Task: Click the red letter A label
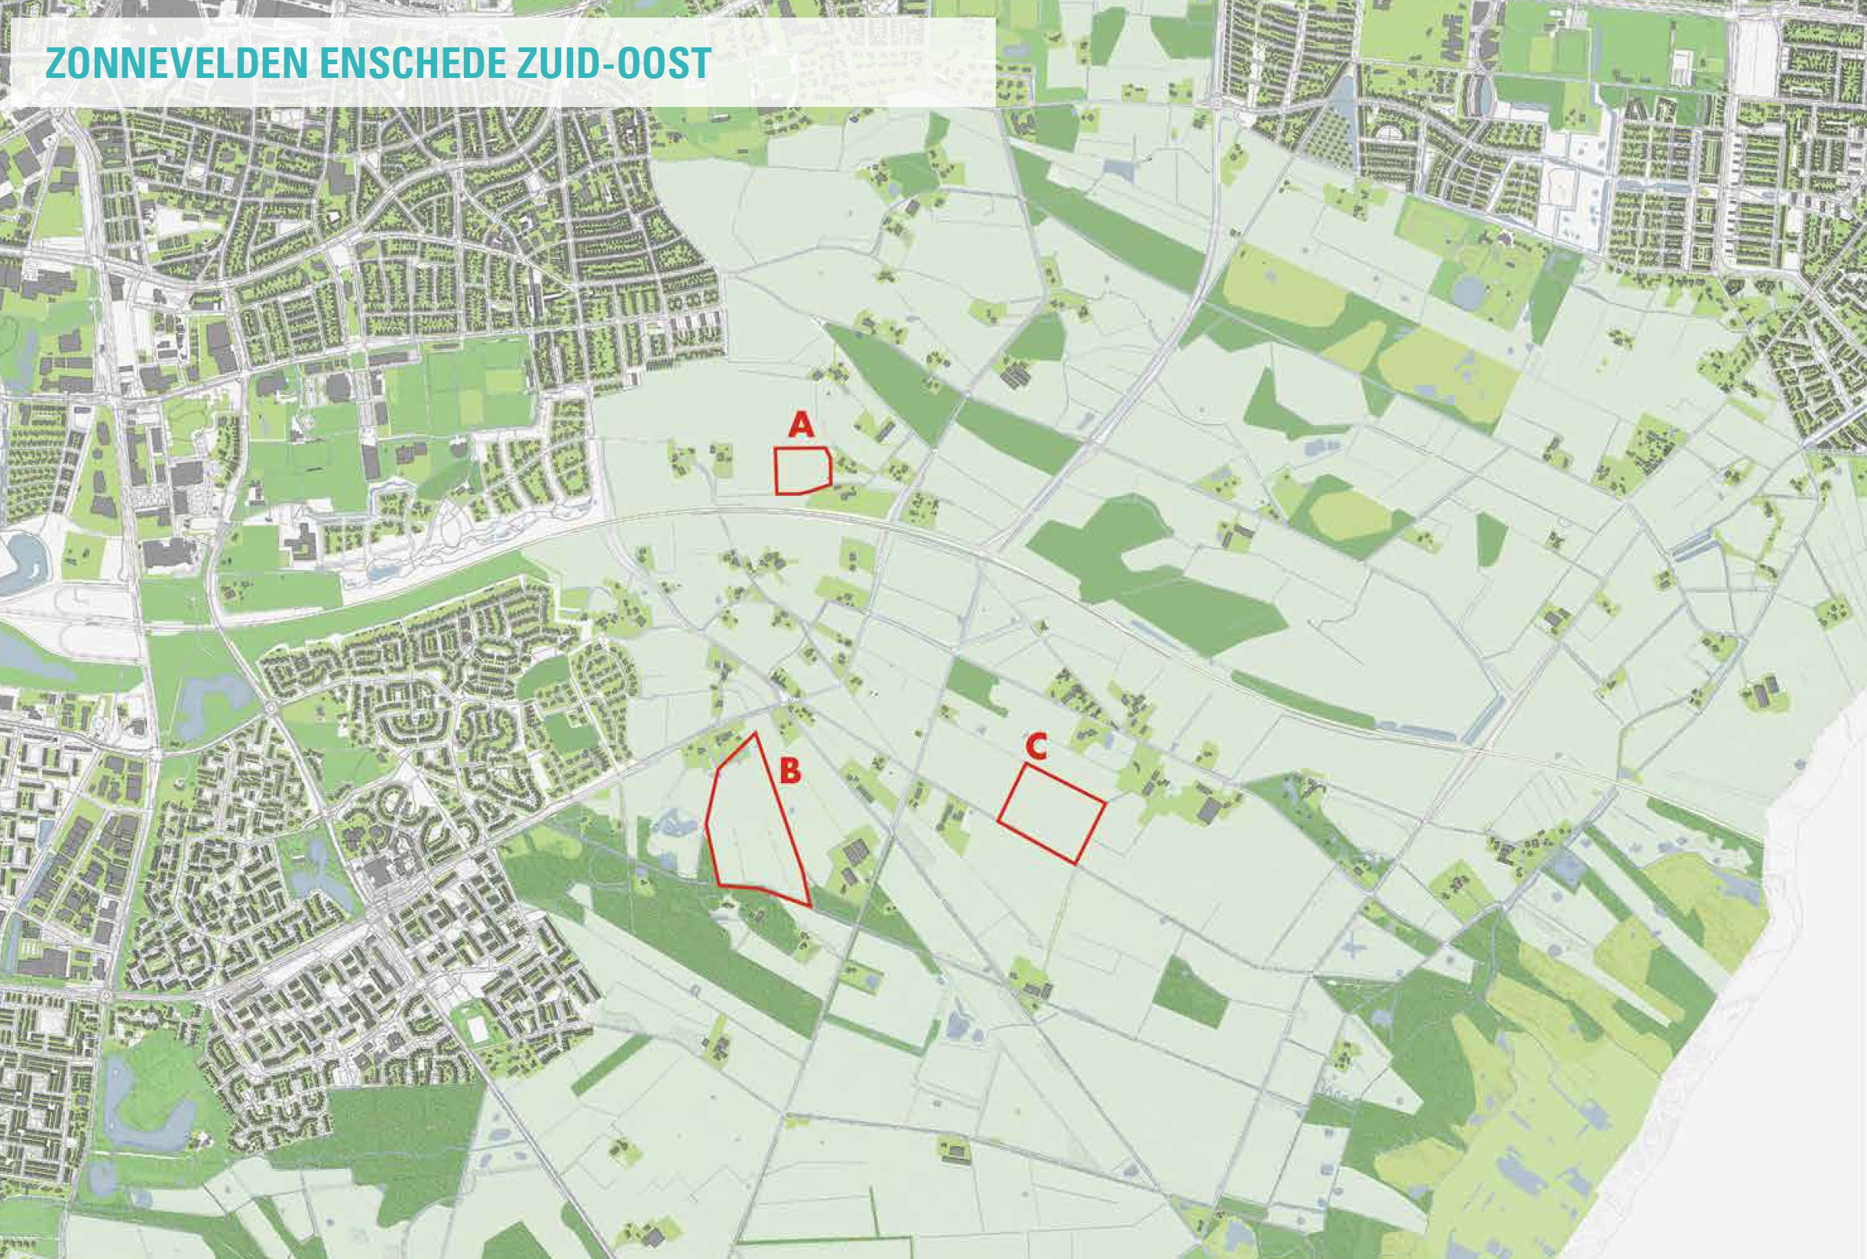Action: pyautogui.click(x=801, y=425)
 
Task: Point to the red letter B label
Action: pyautogui.click(x=790, y=772)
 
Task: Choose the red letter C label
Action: pyautogui.click(x=1036, y=746)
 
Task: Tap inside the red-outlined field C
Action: pyautogui.click(x=1052, y=813)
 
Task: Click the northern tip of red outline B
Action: pyautogui.click(x=754, y=733)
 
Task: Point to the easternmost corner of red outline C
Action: pyautogui.click(x=1106, y=802)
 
